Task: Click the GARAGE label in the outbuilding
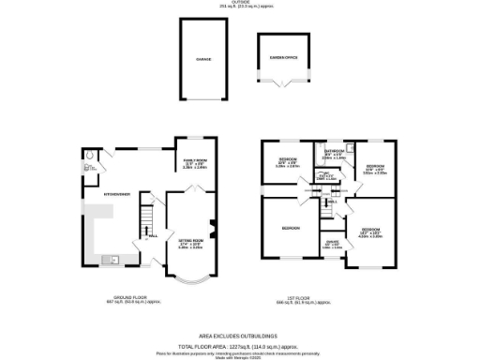pos(202,59)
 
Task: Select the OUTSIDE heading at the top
pos(240,3)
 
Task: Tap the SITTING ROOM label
pos(190,239)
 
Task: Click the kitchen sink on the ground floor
pos(112,260)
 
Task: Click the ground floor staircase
pos(145,223)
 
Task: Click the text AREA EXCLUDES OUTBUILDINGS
pos(240,335)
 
